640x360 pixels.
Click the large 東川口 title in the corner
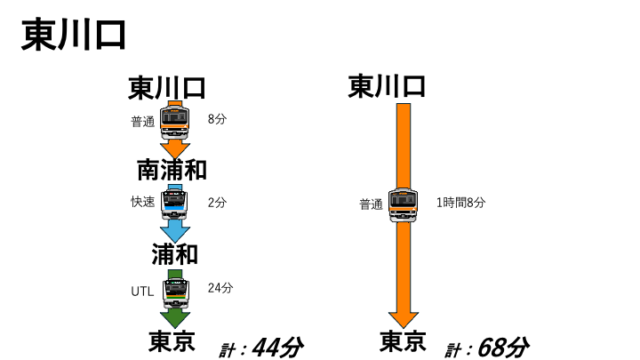[74, 35]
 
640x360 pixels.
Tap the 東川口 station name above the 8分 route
[166, 87]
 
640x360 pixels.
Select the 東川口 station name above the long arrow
[387, 85]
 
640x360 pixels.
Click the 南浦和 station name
[172, 170]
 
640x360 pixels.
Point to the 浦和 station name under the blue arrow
[175, 254]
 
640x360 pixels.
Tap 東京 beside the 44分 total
[172, 341]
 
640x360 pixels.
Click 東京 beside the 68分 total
[403, 341]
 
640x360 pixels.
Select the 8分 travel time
[217, 119]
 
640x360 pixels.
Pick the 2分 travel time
[217, 203]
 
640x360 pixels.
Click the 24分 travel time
[220, 288]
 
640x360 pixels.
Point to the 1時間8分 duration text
[460, 203]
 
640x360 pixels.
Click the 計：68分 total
[487, 348]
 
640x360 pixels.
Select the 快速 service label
[143, 202]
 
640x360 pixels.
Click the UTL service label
[142, 292]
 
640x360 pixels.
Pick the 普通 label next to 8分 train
[143, 122]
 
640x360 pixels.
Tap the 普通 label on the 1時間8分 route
[371, 204]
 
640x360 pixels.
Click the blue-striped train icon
[175, 203]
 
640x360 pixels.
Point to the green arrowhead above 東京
[175, 319]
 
